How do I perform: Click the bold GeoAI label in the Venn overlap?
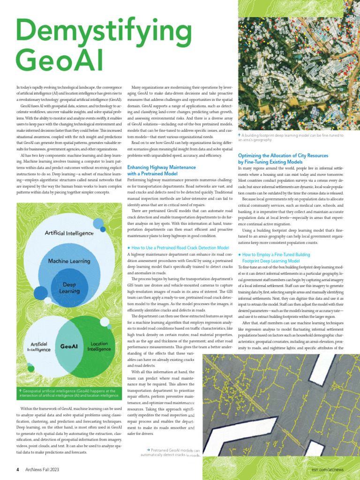point(69,347)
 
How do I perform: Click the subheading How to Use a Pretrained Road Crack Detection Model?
point(180,247)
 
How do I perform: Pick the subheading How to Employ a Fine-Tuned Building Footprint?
point(276,257)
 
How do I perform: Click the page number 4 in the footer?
point(17,469)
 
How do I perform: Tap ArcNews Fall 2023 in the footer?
point(42,469)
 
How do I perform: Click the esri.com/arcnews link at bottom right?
point(327,469)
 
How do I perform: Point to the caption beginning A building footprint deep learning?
point(291,137)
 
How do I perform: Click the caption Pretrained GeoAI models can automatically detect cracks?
point(170,452)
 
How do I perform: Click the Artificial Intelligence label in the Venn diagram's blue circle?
point(38,346)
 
